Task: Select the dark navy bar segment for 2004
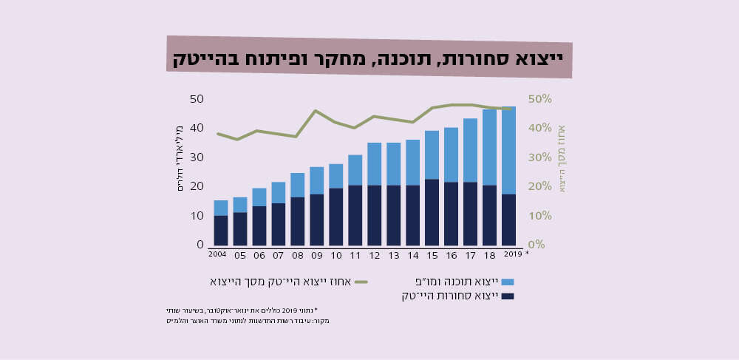pos(220,230)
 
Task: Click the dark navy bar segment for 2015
pos(432,211)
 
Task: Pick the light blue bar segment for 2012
pos(374,163)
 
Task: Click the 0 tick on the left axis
pos(200,245)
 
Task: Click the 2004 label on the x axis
pos(217,254)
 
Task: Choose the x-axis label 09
pos(317,256)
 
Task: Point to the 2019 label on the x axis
pos(513,254)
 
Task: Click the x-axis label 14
pos(412,256)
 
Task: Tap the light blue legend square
pos(507,282)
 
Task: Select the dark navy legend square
pos(507,296)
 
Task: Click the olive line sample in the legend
pos(361,282)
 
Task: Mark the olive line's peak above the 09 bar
pos(316,111)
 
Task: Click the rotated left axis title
pos(180,158)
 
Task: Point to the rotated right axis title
pos(561,158)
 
